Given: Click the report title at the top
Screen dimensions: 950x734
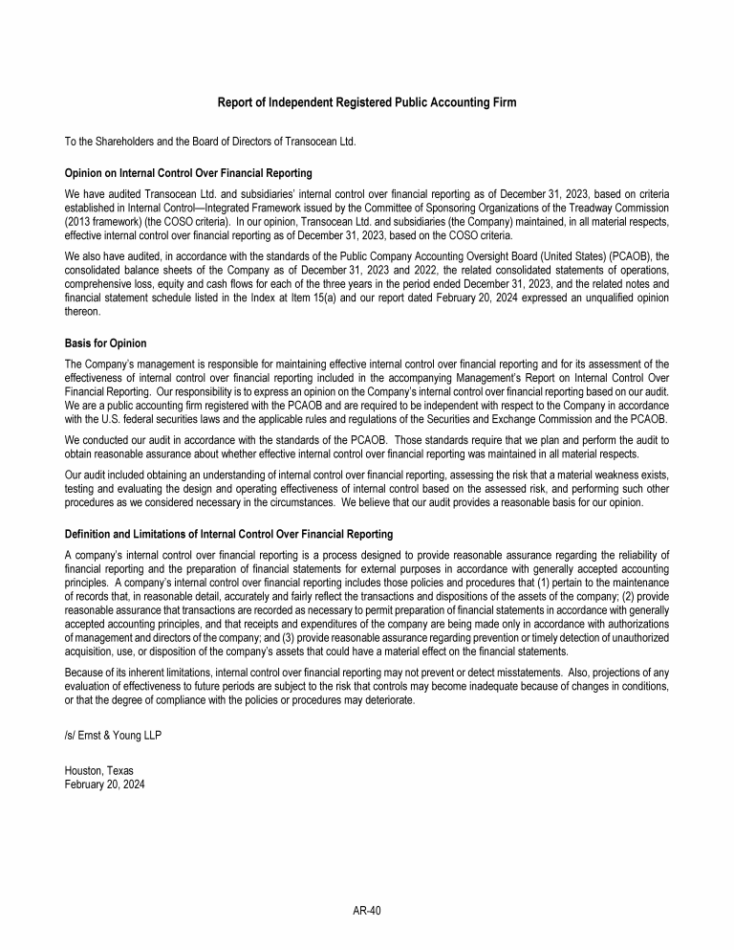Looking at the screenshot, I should pos(367,102).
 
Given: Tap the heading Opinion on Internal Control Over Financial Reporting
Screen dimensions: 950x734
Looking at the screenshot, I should pos(188,173).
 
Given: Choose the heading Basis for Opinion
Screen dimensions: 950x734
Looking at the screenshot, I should pos(105,342).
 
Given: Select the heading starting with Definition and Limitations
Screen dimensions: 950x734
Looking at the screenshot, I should pos(228,534).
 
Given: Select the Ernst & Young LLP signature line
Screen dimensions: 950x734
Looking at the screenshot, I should pos(106,735).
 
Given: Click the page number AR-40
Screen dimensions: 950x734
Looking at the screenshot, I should pos(367,911).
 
